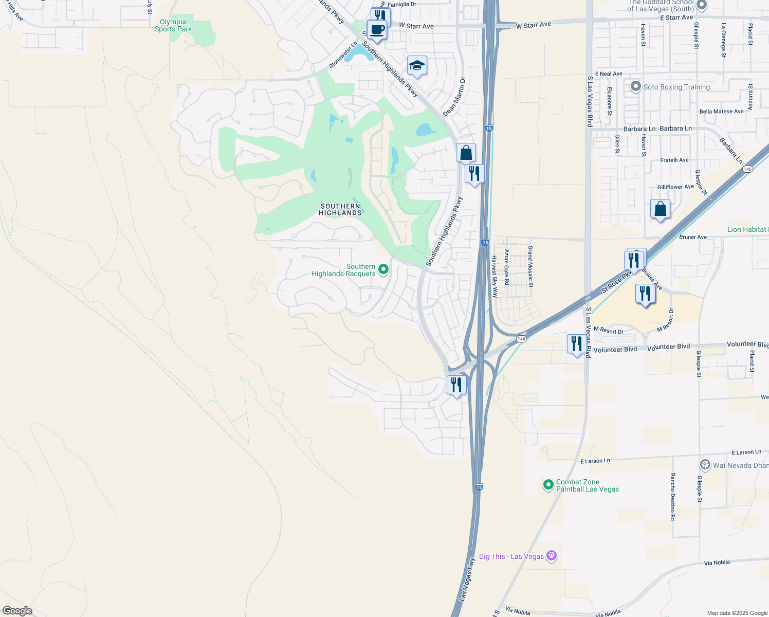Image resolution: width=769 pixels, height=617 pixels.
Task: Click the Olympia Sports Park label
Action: tap(173, 26)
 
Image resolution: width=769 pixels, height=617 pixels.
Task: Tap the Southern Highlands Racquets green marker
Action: tap(383, 269)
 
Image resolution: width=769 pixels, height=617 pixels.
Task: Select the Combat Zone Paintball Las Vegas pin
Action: tap(548, 484)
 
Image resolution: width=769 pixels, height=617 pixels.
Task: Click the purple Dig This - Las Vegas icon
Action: tap(552, 556)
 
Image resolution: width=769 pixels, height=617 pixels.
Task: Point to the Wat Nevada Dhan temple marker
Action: tap(705, 465)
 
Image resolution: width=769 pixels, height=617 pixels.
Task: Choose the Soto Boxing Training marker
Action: tap(636, 86)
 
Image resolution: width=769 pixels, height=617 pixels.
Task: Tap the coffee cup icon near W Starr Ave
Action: tap(377, 30)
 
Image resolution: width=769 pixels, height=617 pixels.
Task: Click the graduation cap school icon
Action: tap(417, 66)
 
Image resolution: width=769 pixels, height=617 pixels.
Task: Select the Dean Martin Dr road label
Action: tap(454, 97)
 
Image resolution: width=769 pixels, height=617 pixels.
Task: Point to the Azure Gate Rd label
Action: tap(506, 267)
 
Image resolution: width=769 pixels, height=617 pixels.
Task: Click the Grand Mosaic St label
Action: tap(530, 266)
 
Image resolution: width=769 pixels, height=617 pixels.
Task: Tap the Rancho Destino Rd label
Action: tap(672, 497)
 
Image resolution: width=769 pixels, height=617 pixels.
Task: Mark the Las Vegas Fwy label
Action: tap(467, 579)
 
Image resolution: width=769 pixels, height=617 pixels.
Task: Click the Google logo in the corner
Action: tap(17, 611)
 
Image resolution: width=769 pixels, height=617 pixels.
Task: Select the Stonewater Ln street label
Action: tap(343, 55)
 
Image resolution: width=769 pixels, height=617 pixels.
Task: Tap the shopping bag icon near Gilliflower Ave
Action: tap(660, 209)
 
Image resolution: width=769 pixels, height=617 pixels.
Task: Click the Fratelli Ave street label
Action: tap(674, 160)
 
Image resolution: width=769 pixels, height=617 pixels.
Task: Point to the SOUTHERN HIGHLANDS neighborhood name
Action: tap(340, 209)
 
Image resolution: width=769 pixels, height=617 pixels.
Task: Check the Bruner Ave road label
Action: tap(693, 237)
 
